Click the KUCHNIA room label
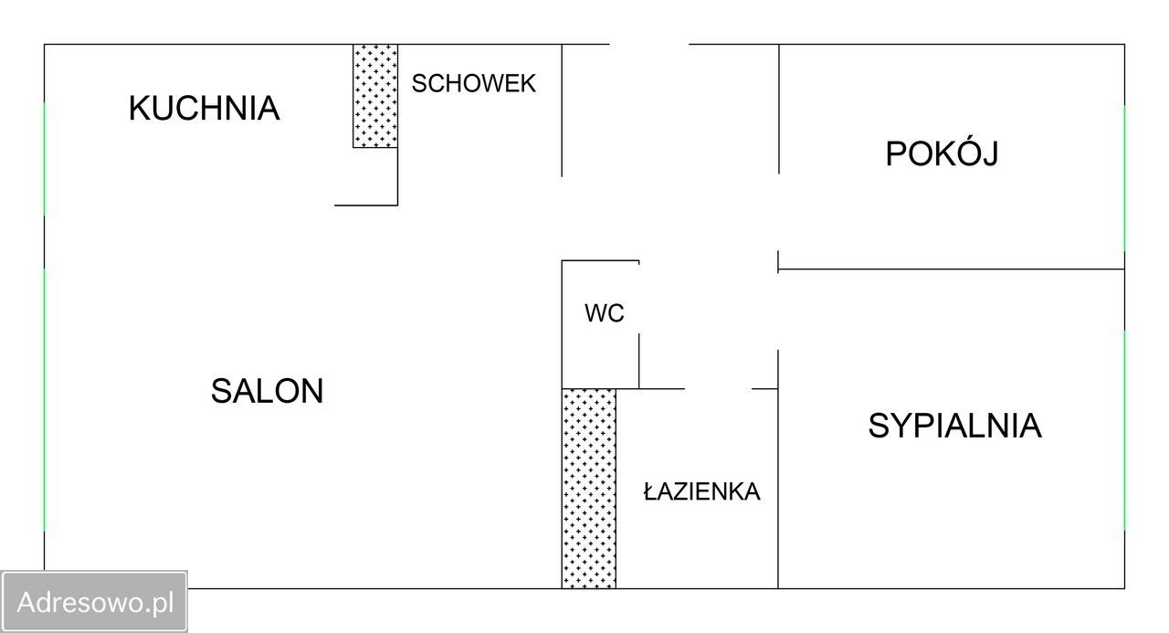click(204, 108)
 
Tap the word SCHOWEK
click(473, 84)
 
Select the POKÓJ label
click(941, 153)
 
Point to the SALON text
click(267, 392)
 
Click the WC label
click(604, 314)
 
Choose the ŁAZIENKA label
click(701, 491)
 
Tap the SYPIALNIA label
click(954, 426)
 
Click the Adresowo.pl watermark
click(95, 602)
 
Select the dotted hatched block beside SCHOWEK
click(375, 96)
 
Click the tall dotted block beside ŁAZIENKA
click(588, 488)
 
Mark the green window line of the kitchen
click(45, 158)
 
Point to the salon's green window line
click(45, 399)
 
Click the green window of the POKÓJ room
click(1124, 178)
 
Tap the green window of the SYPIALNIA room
click(1124, 429)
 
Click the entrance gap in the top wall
click(648, 45)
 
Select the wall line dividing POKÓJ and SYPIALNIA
click(950, 269)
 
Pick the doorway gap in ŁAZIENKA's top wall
click(718, 389)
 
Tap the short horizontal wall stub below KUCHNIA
click(365, 206)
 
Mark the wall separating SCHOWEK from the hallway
click(562, 110)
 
